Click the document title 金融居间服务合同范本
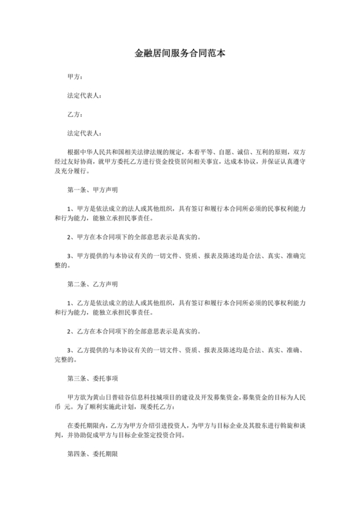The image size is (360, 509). (x=179, y=55)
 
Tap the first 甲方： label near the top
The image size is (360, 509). (x=75, y=76)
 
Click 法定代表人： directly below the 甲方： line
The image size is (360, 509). (x=84, y=96)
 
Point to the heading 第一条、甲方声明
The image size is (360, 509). (x=92, y=191)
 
